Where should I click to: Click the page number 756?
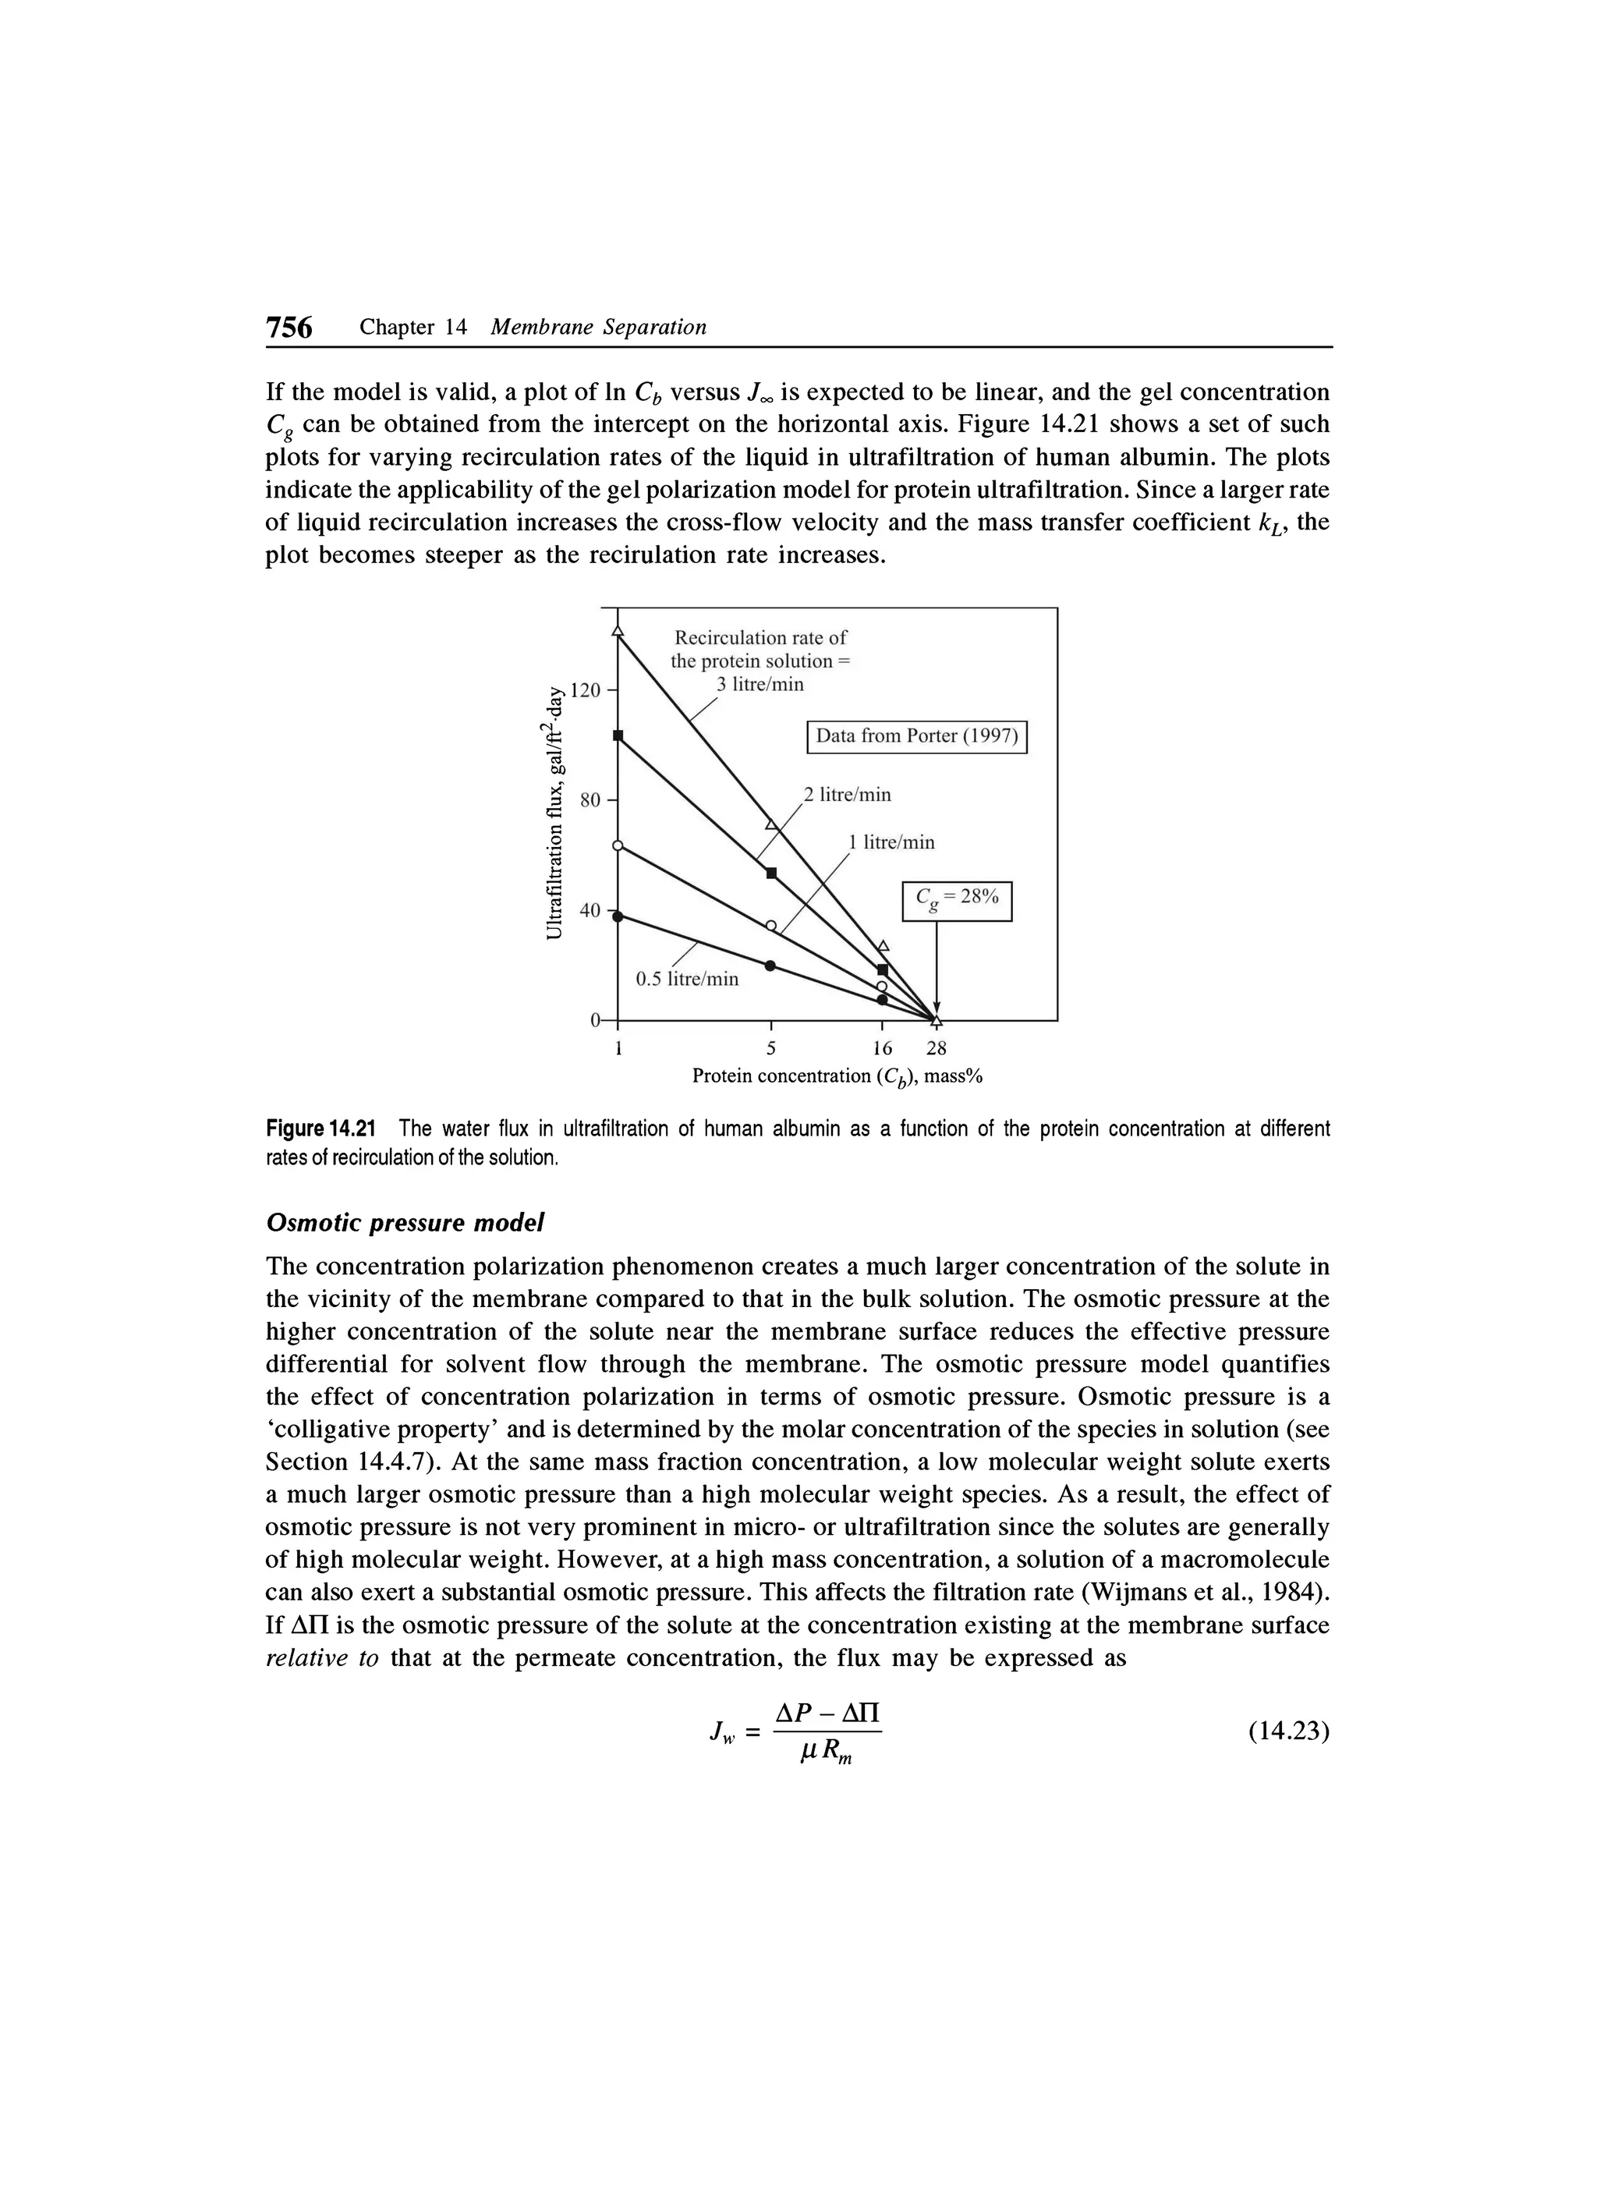(289, 328)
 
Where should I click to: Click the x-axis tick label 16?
(881, 1047)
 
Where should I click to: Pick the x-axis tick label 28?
(936, 1047)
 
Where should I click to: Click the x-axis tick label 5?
(771, 1047)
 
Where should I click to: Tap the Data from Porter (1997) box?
(916, 736)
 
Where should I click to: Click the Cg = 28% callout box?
(957, 900)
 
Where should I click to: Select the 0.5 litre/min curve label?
(687, 980)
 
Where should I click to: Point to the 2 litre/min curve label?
(846, 796)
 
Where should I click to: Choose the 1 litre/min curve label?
(891, 843)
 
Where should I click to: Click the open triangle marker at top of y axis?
(618, 632)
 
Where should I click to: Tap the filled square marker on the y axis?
(618, 736)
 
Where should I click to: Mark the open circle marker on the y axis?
(618, 845)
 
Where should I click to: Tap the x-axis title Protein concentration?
(837, 1077)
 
